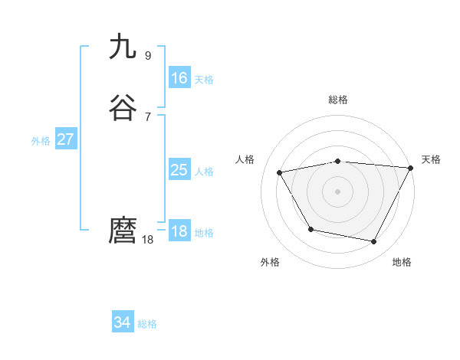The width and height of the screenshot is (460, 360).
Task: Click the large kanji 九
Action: point(123,47)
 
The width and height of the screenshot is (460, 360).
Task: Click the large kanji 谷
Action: point(123,109)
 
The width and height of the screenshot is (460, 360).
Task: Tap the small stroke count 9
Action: point(148,55)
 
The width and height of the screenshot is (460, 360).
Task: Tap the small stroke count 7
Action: point(148,116)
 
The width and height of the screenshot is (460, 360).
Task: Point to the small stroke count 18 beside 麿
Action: point(148,240)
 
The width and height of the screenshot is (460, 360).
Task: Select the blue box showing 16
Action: point(179,77)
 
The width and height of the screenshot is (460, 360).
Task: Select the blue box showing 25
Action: point(179,170)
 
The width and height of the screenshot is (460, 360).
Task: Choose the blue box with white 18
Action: point(179,231)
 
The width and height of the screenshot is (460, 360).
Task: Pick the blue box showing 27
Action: point(65,139)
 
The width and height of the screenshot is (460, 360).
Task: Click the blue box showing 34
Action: point(123,322)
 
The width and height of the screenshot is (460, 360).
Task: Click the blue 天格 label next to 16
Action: point(204,80)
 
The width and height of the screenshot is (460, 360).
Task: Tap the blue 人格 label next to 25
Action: point(204,172)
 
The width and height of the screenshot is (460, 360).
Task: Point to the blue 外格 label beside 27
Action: point(41,141)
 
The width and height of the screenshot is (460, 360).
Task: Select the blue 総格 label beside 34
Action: point(147,324)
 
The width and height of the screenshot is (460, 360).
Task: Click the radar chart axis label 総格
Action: point(337,100)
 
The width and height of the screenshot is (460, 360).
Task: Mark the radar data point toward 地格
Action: point(374,242)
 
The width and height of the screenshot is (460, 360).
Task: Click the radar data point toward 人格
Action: point(280,173)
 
